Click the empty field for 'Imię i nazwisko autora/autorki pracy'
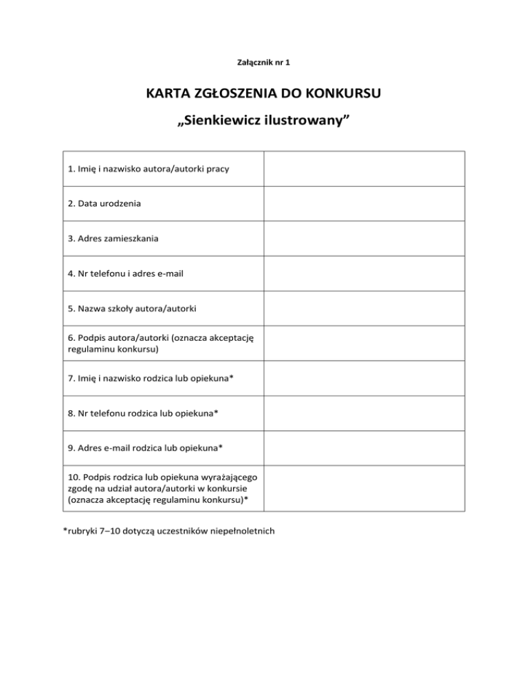click(x=365, y=168)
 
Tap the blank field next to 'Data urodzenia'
click(x=365, y=203)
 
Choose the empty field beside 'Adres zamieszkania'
click(x=365, y=238)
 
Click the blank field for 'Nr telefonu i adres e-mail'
click(x=365, y=273)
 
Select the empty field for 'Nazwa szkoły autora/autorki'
click(x=365, y=309)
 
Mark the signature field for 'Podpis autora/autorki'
click(x=365, y=344)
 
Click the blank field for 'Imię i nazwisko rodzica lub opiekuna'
click(x=365, y=379)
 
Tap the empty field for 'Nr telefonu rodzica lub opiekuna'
click(x=365, y=414)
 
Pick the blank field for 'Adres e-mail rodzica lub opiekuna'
click(x=365, y=449)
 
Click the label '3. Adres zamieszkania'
click(x=116, y=238)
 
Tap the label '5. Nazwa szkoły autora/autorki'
click(x=133, y=309)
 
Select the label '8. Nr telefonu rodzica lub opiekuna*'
click(x=144, y=414)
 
